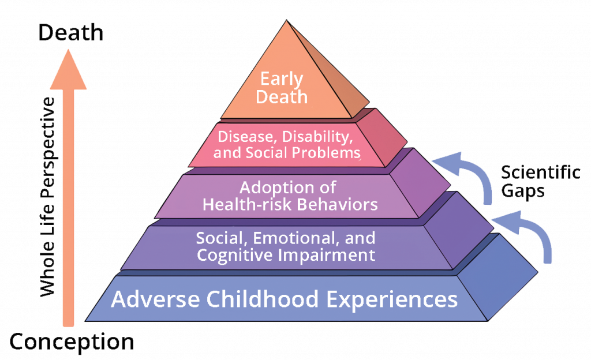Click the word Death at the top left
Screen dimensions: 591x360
tap(71, 33)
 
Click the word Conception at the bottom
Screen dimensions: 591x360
tap(72, 342)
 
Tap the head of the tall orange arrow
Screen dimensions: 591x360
tap(68, 70)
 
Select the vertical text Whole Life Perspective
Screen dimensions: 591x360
tap(47, 197)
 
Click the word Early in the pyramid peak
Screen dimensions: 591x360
tap(282, 80)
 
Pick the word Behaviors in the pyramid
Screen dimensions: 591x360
tap(337, 204)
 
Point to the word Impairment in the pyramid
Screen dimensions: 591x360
tap(327, 255)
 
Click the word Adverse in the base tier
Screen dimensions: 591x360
tap(155, 299)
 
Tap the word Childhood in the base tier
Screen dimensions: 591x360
tap(263, 299)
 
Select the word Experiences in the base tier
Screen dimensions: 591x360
tap(392, 300)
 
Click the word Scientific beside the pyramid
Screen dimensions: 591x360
tap(540, 172)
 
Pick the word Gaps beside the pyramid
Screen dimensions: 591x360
tap(523, 191)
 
